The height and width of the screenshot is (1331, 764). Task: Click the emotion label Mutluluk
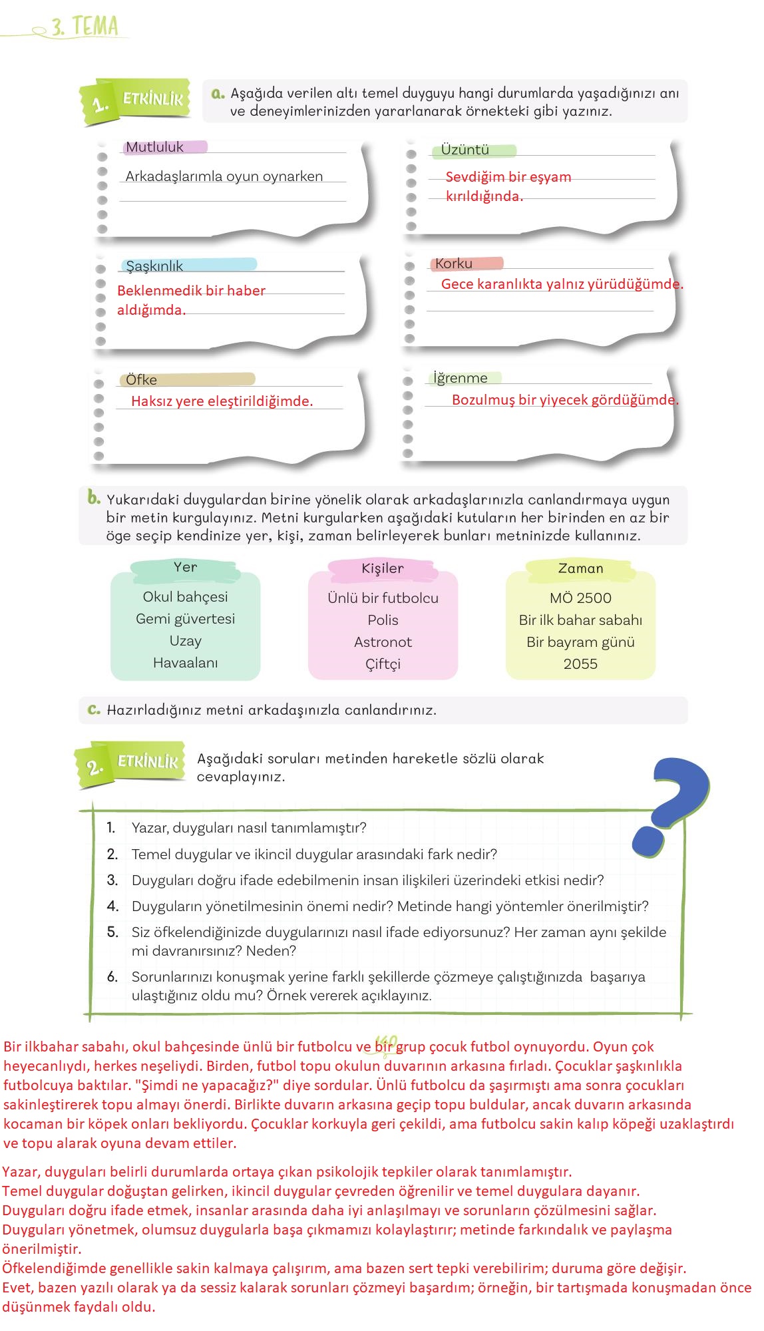(x=155, y=147)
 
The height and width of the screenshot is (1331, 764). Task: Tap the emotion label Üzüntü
(x=465, y=150)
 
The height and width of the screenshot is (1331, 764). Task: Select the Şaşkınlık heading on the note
(x=154, y=266)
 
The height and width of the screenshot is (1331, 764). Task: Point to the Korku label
(x=454, y=264)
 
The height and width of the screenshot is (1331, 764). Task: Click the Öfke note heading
(x=142, y=380)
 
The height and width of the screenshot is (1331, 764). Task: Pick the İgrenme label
(x=461, y=378)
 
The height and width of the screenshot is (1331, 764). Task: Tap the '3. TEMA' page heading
(x=85, y=27)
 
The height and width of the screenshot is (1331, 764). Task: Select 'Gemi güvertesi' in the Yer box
(x=185, y=619)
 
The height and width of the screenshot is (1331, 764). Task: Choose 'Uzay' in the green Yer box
(x=185, y=641)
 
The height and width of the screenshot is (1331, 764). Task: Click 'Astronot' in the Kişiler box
(x=383, y=642)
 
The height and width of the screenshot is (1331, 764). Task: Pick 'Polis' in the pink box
(x=383, y=620)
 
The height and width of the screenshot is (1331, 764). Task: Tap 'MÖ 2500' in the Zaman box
(x=580, y=598)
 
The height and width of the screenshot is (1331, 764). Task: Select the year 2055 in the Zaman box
(x=580, y=664)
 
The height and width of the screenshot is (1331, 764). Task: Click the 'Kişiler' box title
(x=383, y=568)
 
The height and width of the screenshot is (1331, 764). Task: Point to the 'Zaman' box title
(x=580, y=568)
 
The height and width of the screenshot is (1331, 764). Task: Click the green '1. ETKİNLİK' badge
(x=136, y=101)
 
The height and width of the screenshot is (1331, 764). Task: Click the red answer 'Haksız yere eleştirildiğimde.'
(x=222, y=401)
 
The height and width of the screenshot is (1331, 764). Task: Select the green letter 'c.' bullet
(x=94, y=709)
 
